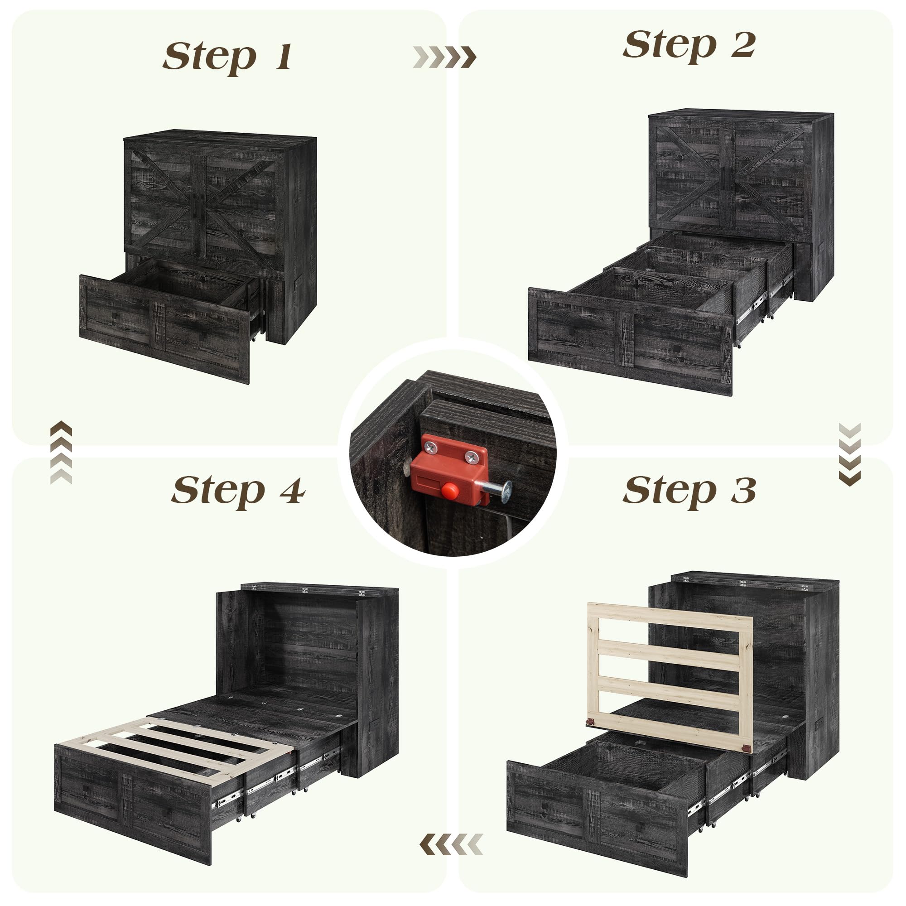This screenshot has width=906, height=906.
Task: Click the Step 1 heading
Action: [x=227, y=57]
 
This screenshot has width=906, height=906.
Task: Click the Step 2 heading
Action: [x=689, y=45]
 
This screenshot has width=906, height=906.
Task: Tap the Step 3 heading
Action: [x=689, y=492]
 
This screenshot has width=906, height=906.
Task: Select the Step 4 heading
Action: [x=238, y=492]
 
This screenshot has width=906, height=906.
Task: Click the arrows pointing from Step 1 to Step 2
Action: [x=444, y=57]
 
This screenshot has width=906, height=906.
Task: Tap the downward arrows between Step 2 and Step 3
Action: [x=849, y=454]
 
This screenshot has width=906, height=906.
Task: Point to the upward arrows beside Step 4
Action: [x=61, y=453]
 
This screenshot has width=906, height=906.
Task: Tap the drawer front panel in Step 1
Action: [x=164, y=329]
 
